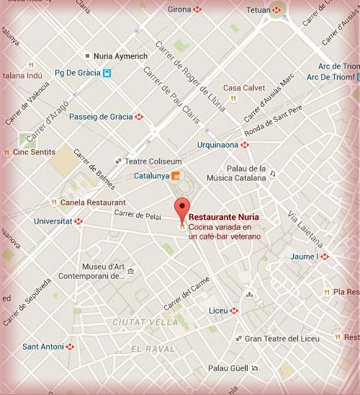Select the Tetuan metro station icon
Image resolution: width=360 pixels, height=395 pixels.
[x=276, y=10]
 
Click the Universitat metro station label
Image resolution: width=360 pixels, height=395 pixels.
[x=53, y=221]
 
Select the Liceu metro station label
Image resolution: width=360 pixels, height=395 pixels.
[x=218, y=311]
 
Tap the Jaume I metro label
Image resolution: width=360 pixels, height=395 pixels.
[x=303, y=256]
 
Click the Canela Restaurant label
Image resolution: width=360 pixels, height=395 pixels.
[x=93, y=203]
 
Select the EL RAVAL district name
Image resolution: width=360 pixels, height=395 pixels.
[x=153, y=349]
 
